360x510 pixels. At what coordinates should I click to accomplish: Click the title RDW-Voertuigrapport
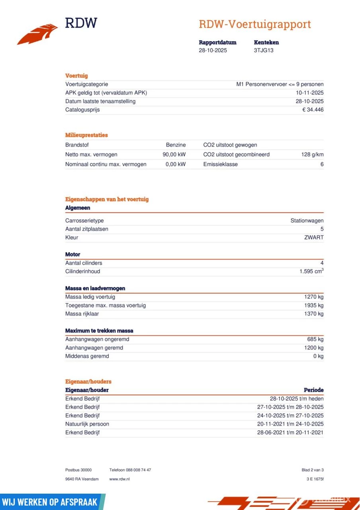[x=254, y=24]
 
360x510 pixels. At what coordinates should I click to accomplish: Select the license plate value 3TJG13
[x=264, y=51]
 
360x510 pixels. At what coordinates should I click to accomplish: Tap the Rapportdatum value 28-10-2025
[x=213, y=51]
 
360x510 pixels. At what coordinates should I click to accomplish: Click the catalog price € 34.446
[x=313, y=110]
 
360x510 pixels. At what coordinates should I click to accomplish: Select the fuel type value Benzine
[x=176, y=145]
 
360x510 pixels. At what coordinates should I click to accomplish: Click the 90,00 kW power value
[x=174, y=155]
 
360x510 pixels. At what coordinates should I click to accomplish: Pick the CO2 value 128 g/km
[x=312, y=155]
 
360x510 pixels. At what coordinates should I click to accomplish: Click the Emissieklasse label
[x=220, y=164]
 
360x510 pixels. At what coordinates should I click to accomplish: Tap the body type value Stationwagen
[x=307, y=221]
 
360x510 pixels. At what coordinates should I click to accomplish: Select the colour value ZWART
[x=313, y=237]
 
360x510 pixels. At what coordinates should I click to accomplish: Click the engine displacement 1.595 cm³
[x=311, y=271]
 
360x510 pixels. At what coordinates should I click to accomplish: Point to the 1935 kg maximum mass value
[x=314, y=306]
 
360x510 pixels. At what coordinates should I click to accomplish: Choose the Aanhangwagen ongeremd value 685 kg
[x=315, y=339]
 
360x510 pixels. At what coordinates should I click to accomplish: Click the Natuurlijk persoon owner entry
[x=87, y=424]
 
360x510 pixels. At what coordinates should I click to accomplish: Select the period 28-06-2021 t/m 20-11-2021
[x=290, y=433]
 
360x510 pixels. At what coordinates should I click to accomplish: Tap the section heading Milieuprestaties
[x=86, y=135]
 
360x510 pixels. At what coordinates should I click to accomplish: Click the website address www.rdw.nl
[x=119, y=479]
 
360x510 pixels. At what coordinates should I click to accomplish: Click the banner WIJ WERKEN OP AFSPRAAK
[x=50, y=502]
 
